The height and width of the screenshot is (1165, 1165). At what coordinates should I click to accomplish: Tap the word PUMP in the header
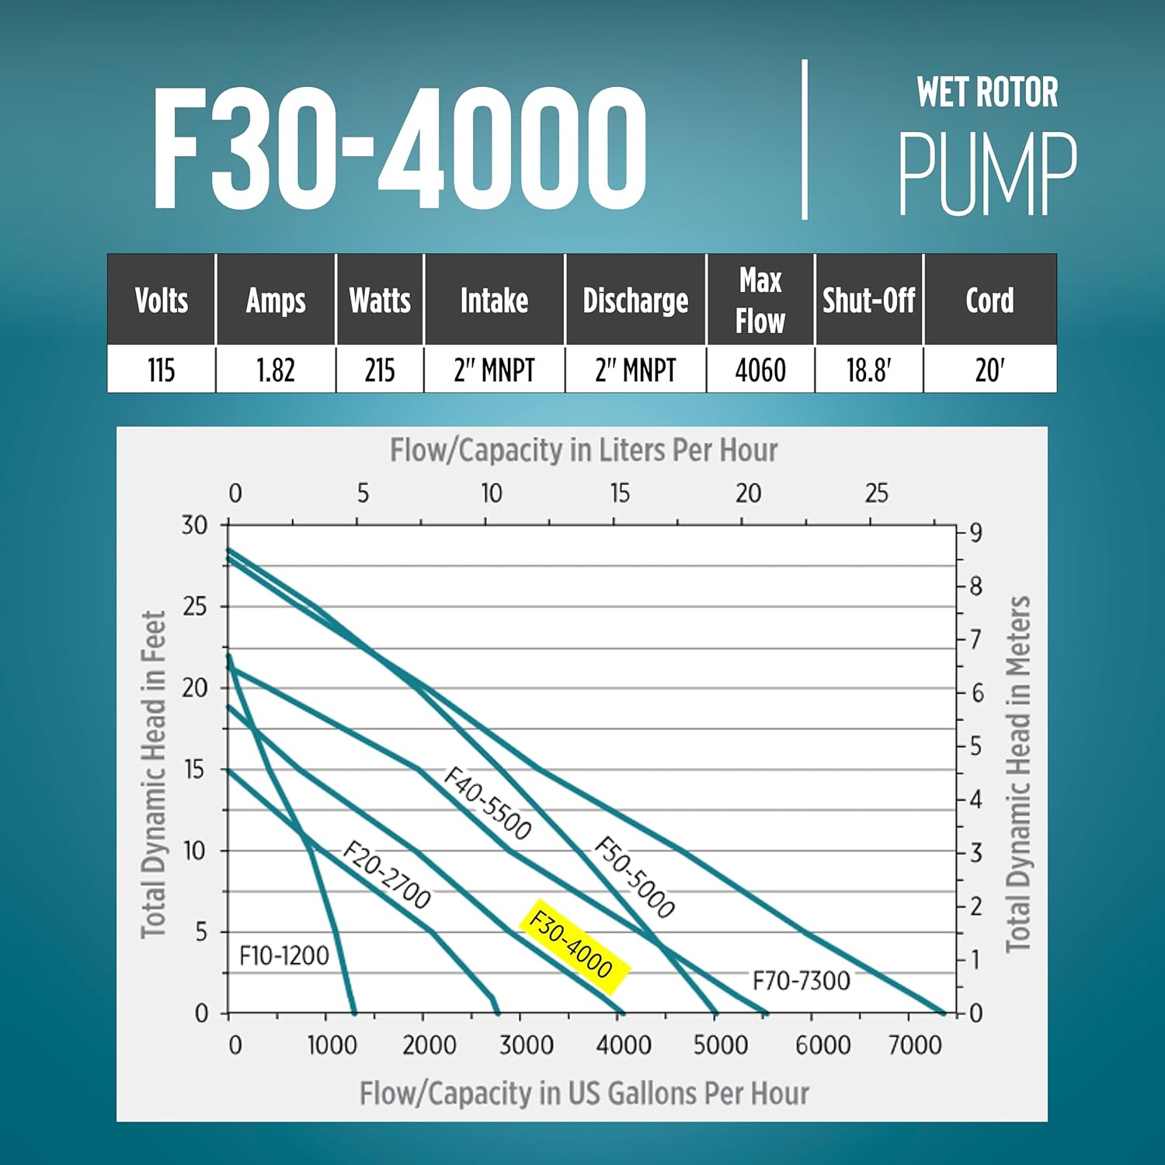point(987,174)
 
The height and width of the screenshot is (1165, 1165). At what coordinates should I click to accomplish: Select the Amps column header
point(276,301)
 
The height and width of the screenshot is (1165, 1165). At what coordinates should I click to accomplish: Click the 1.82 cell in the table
point(276,370)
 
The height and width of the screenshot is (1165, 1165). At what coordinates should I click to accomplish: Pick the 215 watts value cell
point(380,370)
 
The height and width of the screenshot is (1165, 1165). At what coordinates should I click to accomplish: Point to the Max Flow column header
point(760,301)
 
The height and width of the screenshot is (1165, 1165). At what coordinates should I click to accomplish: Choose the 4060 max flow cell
point(760,370)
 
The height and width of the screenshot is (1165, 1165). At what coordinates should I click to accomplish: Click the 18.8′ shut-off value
point(868,370)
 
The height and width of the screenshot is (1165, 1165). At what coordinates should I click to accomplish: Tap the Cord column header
point(989,301)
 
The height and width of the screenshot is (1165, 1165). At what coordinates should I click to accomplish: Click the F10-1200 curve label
point(284,955)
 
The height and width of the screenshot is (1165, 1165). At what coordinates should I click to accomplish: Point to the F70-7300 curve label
point(801,981)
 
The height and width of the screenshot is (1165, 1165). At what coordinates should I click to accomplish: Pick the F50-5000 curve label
point(635,878)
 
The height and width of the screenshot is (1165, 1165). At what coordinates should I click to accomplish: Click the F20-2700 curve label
point(387,875)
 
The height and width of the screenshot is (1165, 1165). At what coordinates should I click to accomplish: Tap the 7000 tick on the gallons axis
point(915,1045)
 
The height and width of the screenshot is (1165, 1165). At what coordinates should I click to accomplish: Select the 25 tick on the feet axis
point(195,607)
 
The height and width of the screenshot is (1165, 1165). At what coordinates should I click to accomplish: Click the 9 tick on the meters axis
point(975,533)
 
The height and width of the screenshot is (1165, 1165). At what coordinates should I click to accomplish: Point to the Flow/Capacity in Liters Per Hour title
point(583,450)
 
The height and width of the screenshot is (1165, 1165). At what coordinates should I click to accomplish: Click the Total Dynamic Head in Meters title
point(1018,774)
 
